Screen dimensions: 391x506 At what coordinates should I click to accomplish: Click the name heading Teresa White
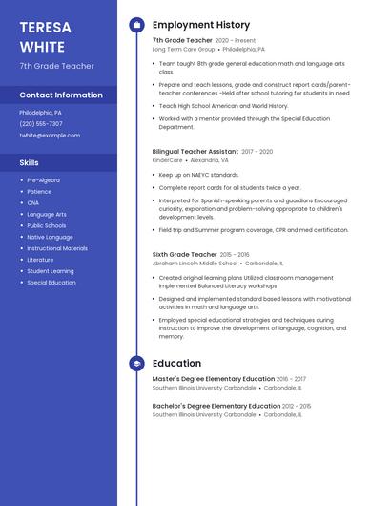point(43,36)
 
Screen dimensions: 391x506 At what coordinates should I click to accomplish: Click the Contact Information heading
point(61,95)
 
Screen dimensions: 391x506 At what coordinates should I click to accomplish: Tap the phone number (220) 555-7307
point(41,123)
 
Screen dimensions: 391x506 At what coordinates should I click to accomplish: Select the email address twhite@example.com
point(50,136)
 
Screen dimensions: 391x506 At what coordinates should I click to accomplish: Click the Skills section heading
point(29,163)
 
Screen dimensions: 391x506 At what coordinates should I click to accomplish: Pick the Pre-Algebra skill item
point(43,180)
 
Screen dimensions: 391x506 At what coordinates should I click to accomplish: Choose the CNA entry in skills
point(33,203)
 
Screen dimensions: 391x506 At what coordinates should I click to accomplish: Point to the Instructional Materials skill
point(57,248)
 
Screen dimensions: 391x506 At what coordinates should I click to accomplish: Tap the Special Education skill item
point(51,283)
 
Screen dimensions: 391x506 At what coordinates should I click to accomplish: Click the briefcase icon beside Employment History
point(136,25)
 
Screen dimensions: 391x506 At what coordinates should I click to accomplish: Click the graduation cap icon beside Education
point(136,364)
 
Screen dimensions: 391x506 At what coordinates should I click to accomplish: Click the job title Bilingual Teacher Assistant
point(195,151)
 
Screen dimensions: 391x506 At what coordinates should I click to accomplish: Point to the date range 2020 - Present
point(236,41)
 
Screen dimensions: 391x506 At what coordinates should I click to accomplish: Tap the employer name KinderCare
point(168,160)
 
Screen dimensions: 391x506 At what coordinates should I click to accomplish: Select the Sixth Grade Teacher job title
point(184,255)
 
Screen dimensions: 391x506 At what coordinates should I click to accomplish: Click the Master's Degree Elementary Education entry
point(214,379)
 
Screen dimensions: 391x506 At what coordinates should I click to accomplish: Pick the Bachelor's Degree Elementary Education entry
point(216,406)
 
